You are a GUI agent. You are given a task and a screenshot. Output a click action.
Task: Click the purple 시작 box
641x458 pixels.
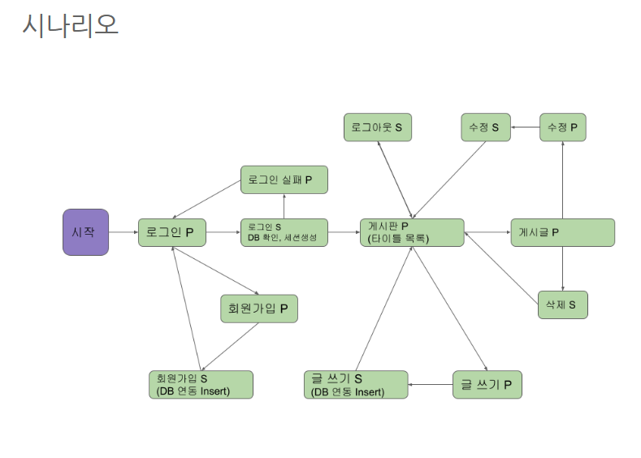pos(85,232)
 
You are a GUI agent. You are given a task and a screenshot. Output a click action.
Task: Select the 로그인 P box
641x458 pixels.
pos(171,232)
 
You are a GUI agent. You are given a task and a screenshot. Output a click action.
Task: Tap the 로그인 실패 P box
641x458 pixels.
pos(284,179)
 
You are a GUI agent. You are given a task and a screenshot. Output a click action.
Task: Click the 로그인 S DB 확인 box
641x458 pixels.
pos(284,232)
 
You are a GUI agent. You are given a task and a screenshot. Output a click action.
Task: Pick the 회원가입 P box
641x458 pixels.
pos(258,309)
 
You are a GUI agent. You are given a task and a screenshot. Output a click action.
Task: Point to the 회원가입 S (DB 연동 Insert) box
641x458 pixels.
pos(200,384)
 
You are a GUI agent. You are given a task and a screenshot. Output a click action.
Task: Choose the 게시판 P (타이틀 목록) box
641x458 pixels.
pos(412,232)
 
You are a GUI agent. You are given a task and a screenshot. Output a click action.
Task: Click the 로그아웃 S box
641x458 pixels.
pos(378,127)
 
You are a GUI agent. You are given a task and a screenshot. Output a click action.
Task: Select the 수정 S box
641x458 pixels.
pos(485,127)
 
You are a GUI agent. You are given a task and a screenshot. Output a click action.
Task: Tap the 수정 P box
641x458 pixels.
pos(563,127)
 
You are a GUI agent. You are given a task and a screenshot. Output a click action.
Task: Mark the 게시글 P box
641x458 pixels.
pos(562,232)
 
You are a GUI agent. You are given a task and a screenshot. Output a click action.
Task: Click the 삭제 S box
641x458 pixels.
pos(562,305)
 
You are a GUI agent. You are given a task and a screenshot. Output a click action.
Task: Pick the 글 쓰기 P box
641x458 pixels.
pos(487,384)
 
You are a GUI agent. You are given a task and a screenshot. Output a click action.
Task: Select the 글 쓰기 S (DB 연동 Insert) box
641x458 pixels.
pos(356,384)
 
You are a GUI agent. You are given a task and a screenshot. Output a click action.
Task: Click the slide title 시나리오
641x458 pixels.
pos(71,25)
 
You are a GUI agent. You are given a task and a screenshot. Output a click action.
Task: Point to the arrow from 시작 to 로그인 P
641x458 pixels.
pos(123,232)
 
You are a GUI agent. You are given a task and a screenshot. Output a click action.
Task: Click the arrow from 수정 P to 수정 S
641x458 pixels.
pos(525,127)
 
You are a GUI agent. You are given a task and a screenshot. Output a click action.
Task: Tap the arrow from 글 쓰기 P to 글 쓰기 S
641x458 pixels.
pos(430,384)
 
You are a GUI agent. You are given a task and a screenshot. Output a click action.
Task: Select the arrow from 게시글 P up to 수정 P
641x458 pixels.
pos(562,180)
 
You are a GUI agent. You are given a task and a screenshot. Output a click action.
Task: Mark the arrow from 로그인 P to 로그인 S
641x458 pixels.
pos(223,232)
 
